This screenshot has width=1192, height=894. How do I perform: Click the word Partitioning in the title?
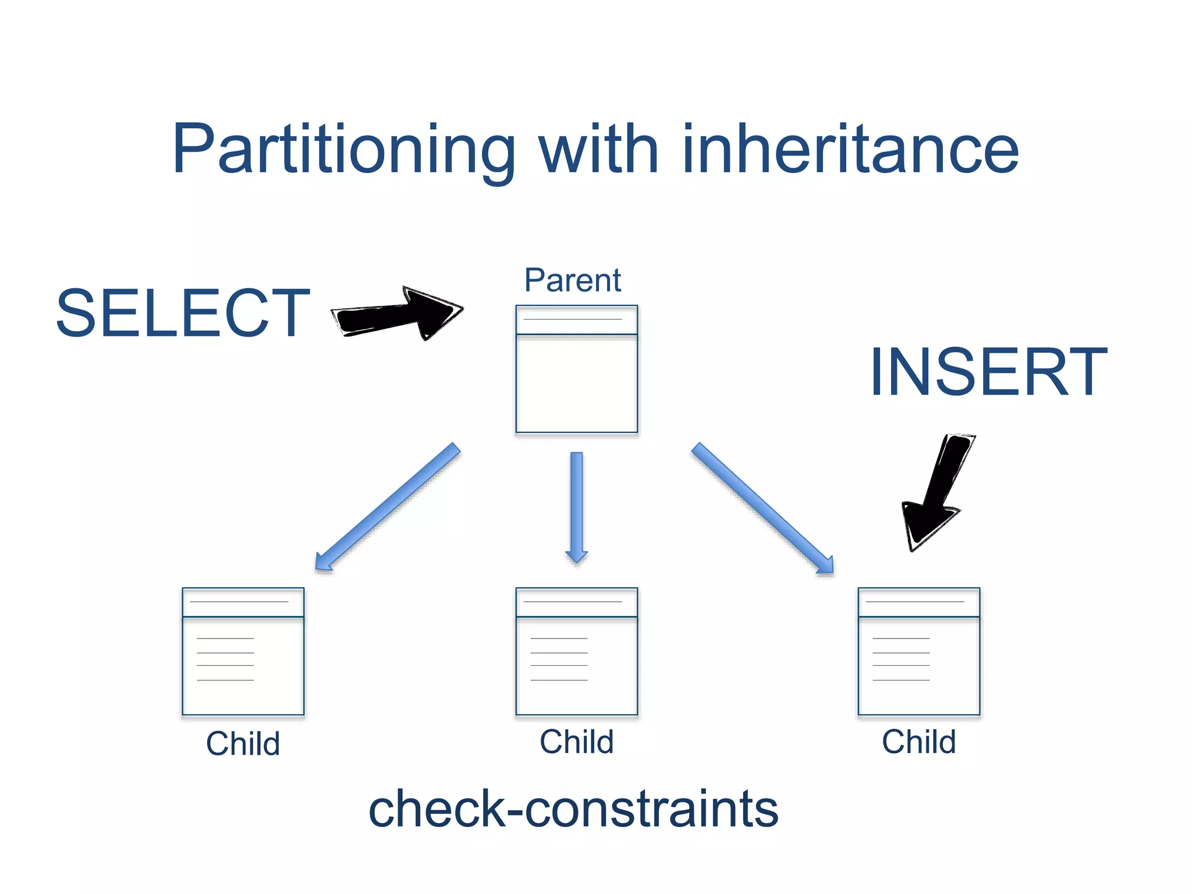coord(343,150)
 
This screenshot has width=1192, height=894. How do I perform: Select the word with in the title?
coord(599,150)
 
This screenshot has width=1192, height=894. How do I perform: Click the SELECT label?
coord(183,314)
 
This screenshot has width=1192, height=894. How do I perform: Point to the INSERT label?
coord(988,372)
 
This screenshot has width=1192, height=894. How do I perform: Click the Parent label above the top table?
coord(573,281)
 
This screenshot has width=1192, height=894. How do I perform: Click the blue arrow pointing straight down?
coord(576,506)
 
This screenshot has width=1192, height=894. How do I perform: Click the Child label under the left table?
coord(243,744)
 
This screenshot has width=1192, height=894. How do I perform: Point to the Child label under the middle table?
coord(576,742)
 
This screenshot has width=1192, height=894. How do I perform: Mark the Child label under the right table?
coord(918,742)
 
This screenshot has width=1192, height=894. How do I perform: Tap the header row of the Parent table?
coord(576,320)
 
